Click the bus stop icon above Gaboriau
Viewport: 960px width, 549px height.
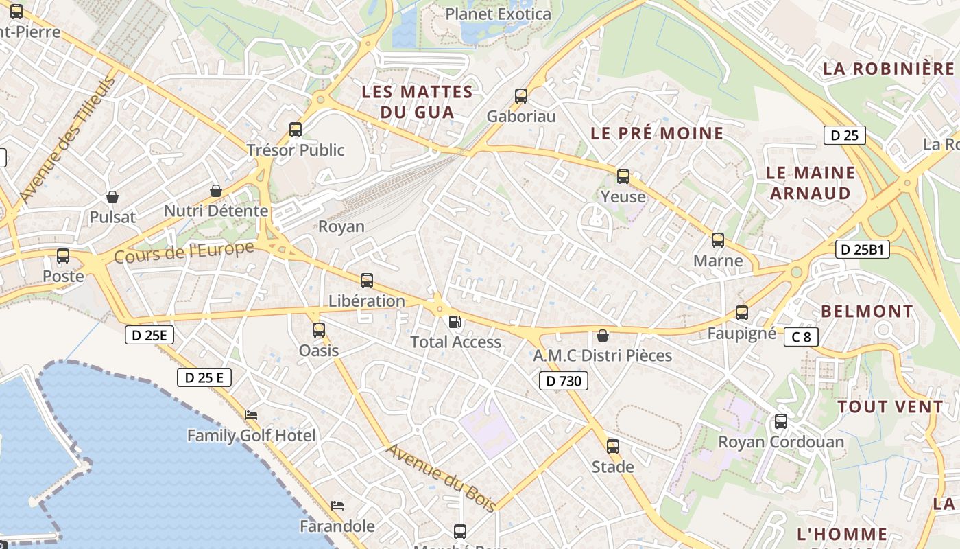(x=521, y=96)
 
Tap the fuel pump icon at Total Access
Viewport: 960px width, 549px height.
(x=455, y=321)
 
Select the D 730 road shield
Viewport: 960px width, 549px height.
(x=564, y=381)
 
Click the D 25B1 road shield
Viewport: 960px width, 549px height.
(x=863, y=250)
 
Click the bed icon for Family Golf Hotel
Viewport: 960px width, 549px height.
(x=252, y=414)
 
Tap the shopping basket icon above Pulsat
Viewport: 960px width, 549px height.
(x=112, y=197)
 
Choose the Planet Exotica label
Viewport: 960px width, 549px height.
(x=498, y=14)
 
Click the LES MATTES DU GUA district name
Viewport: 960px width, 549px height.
(x=417, y=102)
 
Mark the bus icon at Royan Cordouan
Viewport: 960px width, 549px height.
(x=781, y=421)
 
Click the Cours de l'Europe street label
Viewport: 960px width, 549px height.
(x=184, y=253)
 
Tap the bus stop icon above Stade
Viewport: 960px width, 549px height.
(x=613, y=446)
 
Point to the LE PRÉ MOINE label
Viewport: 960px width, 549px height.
(x=657, y=133)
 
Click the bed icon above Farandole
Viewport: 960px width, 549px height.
(x=337, y=506)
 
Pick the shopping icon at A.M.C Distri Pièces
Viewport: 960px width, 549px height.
(x=602, y=335)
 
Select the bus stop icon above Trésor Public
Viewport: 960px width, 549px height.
(x=296, y=129)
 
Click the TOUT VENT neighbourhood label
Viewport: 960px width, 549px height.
(x=890, y=407)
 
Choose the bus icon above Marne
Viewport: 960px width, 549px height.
(x=718, y=240)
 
